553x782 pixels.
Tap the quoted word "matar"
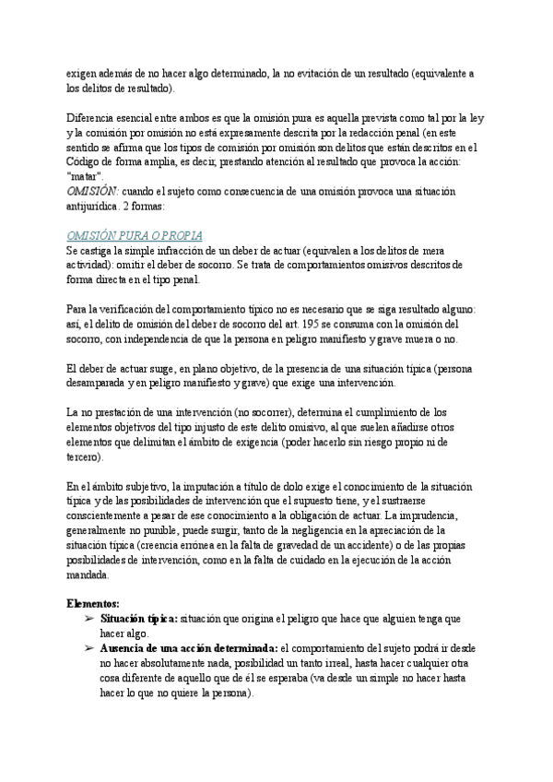point(86,175)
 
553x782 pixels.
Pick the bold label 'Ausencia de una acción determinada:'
point(188,647)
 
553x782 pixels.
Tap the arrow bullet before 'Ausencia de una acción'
point(89,647)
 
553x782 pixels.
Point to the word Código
point(88,160)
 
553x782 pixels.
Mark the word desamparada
point(101,382)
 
